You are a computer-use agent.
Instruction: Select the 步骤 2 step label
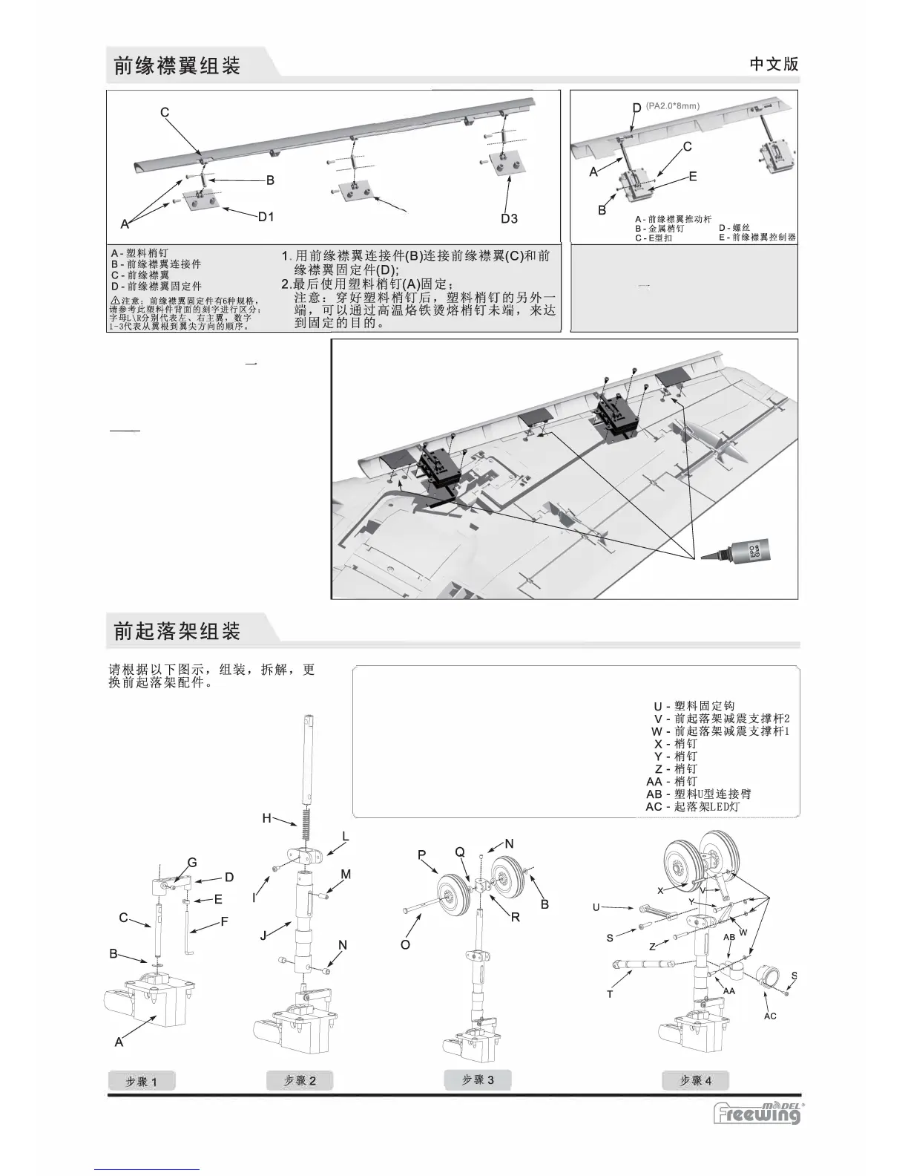point(300,1080)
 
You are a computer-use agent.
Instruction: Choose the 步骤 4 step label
point(695,1080)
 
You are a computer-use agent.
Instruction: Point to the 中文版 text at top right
point(774,64)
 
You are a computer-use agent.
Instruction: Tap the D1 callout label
point(266,218)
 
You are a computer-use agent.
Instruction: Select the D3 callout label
point(509,218)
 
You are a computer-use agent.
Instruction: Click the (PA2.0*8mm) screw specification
point(673,106)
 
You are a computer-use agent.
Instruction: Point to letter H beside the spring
point(266,818)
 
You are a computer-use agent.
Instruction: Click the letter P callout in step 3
point(421,855)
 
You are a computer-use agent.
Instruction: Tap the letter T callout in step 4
point(610,994)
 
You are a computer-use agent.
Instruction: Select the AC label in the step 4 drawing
point(770,1016)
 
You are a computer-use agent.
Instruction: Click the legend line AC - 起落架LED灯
point(692,806)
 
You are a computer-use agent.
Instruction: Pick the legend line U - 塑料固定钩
point(694,706)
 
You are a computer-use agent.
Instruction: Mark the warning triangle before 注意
point(115,301)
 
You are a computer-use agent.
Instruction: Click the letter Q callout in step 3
point(459,852)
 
